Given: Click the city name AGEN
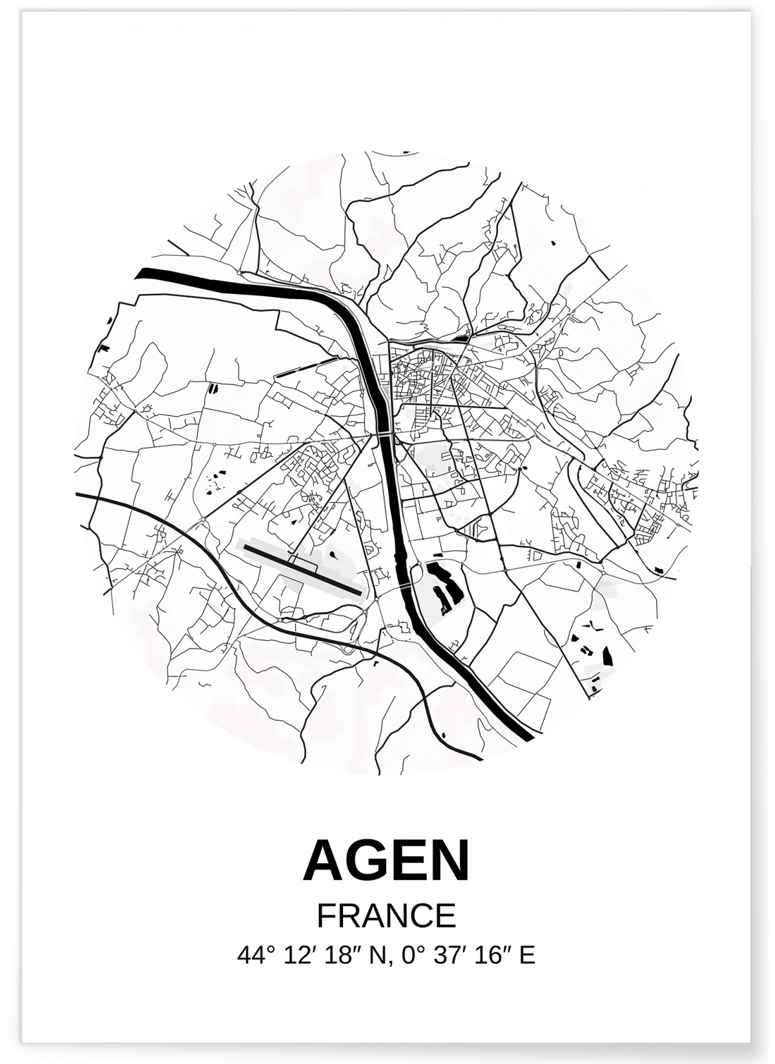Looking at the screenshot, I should pyautogui.click(x=386, y=861).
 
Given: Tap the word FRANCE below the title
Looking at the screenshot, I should pyautogui.click(x=386, y=915).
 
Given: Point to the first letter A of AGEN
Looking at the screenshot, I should pyautogui.click(x=320, y=861).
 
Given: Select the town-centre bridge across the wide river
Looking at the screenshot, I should pyautogui.click(x=384, y=434).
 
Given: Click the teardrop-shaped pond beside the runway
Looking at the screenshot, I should pyautogui.click(x=333, y=554).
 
